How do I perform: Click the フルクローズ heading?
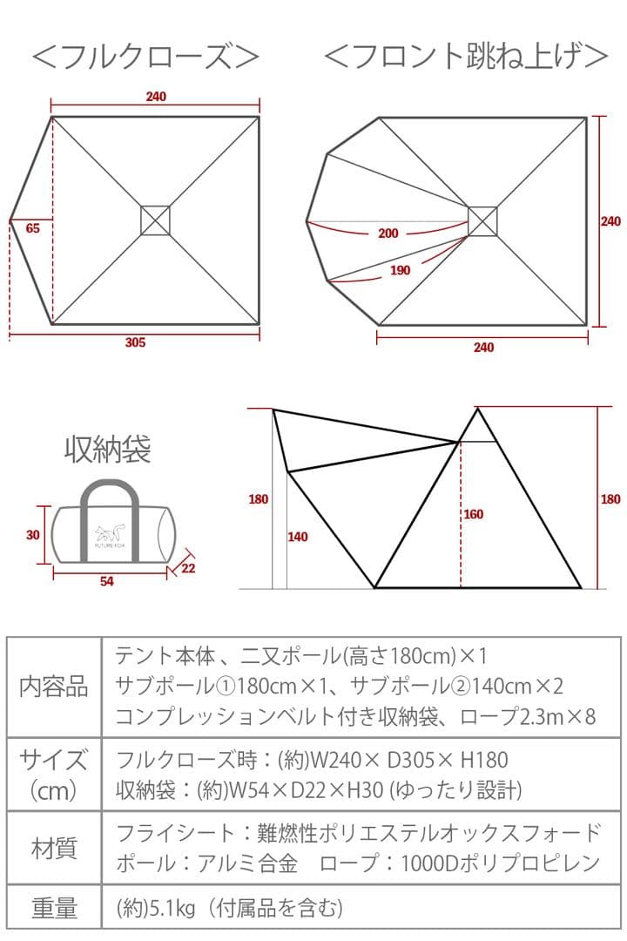coord(145,58)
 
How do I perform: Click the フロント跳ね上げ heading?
coord(465,58)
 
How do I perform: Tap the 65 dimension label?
coord(33,228)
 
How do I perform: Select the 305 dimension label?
coord(135,342)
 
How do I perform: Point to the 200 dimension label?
coord(388,234)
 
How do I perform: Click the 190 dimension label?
coord(400,271)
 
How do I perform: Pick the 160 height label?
coord(473,515)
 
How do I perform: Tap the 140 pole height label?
coord(297,538)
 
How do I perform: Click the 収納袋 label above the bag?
coord(107,450)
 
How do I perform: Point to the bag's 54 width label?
coord(106,582)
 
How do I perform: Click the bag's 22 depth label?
coord(189,568)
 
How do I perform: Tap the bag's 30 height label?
coord(33,535)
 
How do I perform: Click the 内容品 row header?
coord(54,687)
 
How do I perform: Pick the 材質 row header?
coord(54,847)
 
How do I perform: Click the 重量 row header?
coord(54,910)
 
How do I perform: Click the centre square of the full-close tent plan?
coord(155,220)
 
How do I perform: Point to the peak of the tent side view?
coord(477,409)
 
